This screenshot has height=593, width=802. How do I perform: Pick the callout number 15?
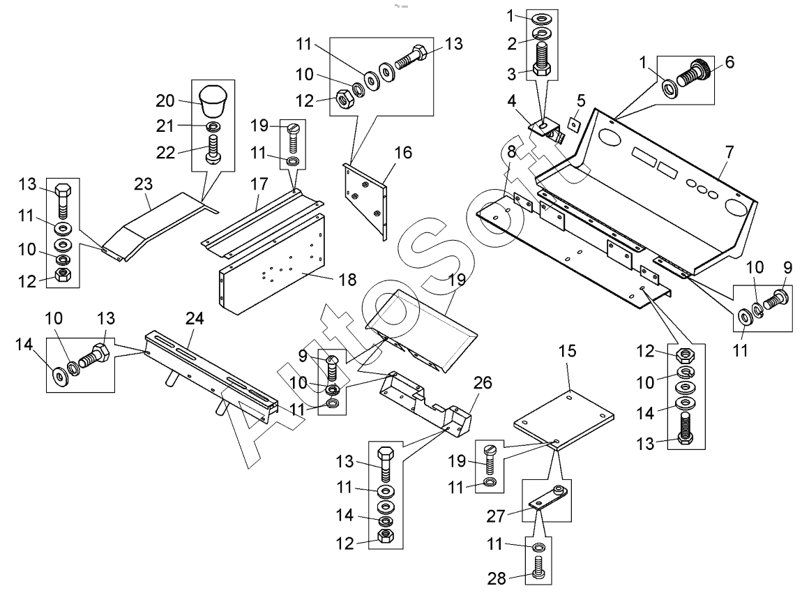click(x=568, y=351)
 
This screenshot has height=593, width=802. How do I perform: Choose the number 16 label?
click(x=404, y=151)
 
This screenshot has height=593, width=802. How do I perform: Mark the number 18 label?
click(x=347, y=280)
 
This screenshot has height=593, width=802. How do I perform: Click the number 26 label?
click(x=482, y=383)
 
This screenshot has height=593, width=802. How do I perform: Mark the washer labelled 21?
click(x=212, y=126)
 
